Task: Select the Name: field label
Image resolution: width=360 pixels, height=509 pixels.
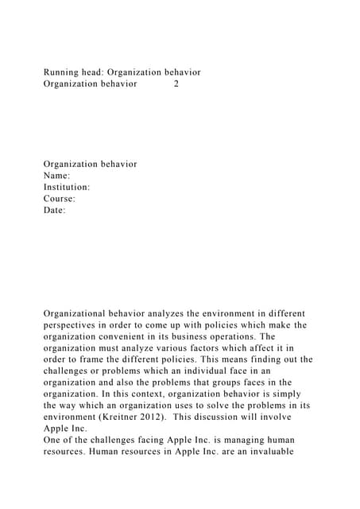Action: coord(57,176)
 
